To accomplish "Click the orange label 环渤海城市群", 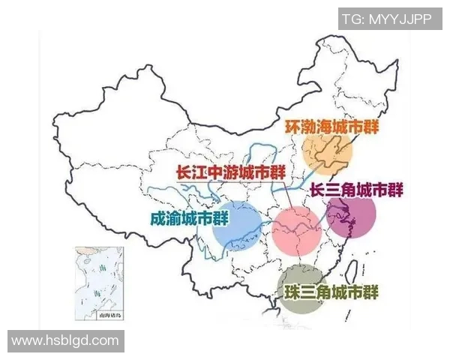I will point(329,126).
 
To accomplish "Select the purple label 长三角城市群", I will point(356,190).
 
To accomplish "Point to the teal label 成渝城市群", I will point(190,219).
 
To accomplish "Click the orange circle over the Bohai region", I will point(328,154).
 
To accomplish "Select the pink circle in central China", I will point(296,230).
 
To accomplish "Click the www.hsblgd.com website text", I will point(65,340).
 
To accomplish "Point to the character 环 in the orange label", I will point(292,126).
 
